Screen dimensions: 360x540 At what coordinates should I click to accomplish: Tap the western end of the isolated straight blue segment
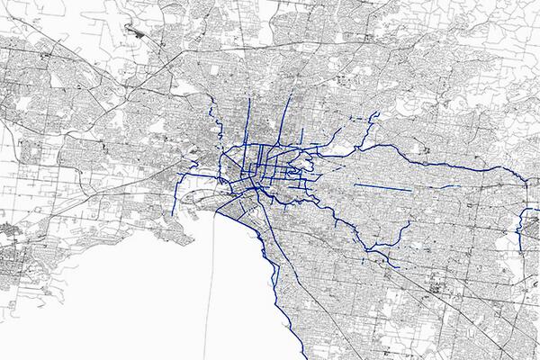click(x=356, y=184)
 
